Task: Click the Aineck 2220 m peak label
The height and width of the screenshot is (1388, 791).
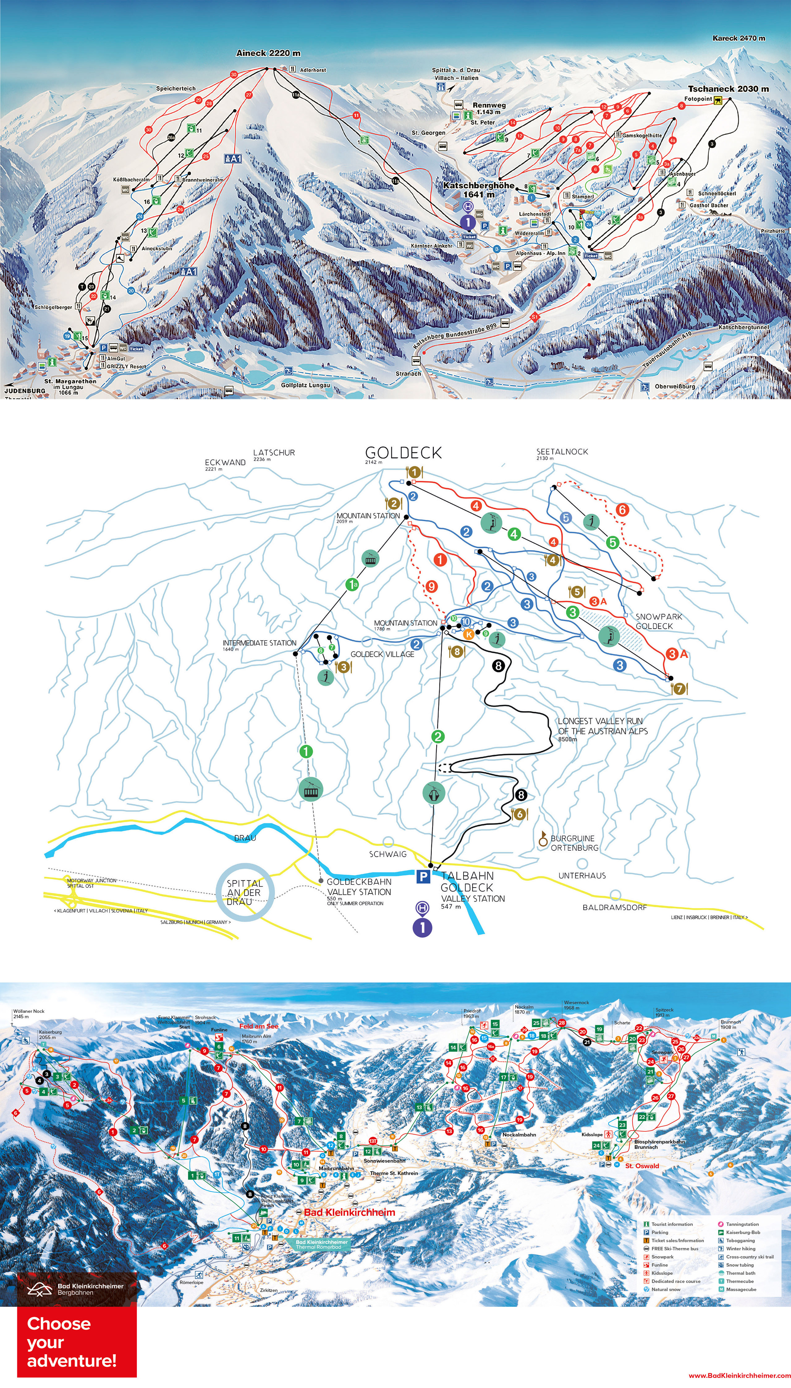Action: click(x=268, y=53)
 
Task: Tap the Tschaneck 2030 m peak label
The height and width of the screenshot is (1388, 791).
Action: click(x=728, y=89)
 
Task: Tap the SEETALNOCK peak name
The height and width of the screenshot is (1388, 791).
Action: click(x=562, y=452)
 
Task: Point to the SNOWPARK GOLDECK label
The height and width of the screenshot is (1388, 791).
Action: click(x=658, y=621)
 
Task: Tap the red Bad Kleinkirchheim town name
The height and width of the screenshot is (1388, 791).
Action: click(x=349, y=1212)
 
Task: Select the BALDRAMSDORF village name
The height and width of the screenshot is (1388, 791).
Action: click(x=615, y=907)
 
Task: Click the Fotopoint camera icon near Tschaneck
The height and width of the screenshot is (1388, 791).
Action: click(x=718, y=100)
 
